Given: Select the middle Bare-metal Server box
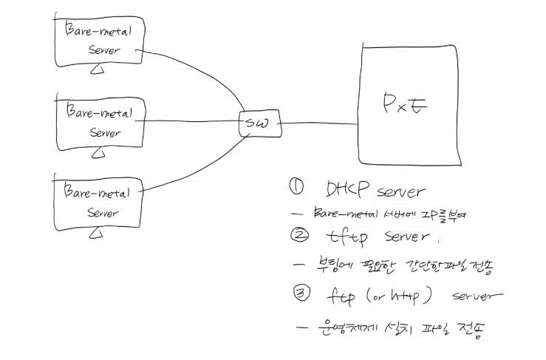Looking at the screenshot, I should [102, 122].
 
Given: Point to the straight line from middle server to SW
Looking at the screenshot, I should [192, 122].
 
